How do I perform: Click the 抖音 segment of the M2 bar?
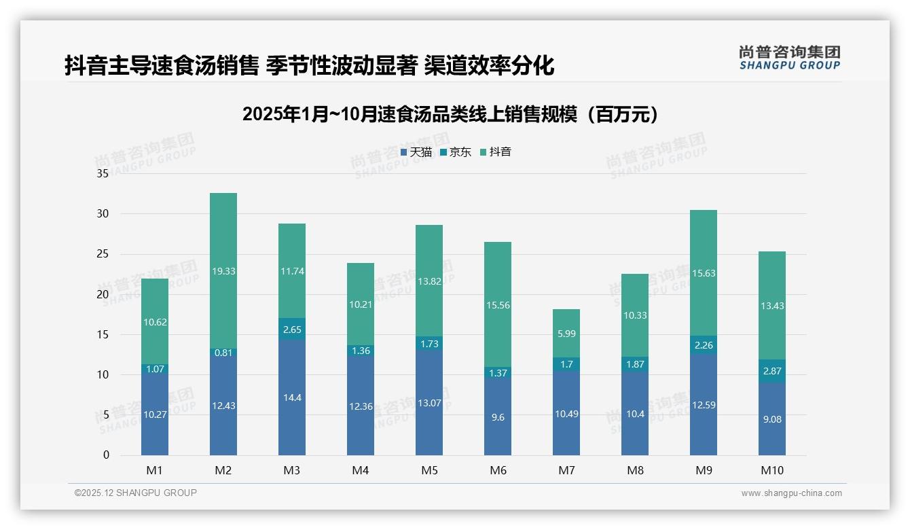point(223,270)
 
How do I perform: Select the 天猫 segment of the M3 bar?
point(292,397)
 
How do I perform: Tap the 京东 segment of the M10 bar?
point(772,371)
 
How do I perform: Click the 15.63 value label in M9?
point(704,273)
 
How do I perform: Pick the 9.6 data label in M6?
point(498,418)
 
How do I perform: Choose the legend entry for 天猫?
point(416,152)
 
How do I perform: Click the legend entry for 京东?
point(456,152)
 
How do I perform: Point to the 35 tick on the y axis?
point(103,174)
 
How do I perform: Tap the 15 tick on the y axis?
point(103,334)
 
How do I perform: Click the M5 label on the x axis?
point(429,470)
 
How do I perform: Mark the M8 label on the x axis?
point(635,470)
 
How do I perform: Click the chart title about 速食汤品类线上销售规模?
point(450,114)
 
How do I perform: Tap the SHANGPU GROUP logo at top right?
point(789,58)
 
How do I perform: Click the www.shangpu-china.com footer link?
point(791,493)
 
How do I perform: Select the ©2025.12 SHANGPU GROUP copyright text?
point(136,493)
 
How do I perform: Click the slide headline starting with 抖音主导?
point(309,66)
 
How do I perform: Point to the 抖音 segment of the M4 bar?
point(361,304)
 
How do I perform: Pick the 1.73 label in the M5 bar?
point(429,344)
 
